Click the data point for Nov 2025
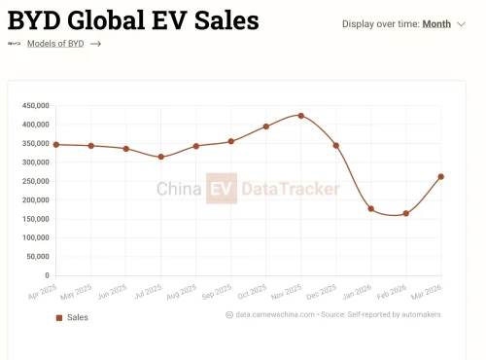click(301, 116)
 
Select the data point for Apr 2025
click(56, 144)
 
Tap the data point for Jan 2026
click(371, 209)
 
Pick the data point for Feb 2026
click(406, 213)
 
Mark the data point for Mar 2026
click(441, 176)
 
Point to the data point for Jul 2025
click(161, 157)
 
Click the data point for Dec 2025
click(336, 145)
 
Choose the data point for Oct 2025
click(266, 126)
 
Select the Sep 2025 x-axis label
click(218, 290)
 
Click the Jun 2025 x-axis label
click(113, 290)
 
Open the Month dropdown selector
click(442, 24)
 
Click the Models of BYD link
click(54, 44)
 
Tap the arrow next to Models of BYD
click(95, 44)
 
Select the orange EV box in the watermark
click(221, 189)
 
